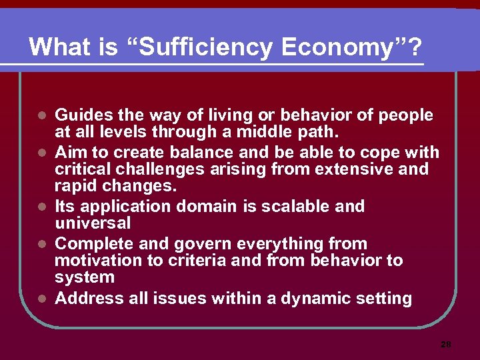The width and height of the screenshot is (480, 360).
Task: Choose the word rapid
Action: point(77,186)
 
